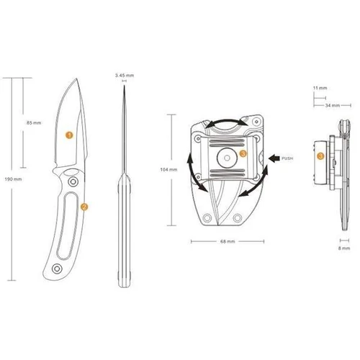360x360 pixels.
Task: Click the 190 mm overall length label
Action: pos(13,179)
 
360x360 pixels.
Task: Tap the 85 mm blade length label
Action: pos(34,123)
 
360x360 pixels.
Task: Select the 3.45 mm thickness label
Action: pos(125,76)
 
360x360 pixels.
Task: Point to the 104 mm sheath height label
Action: pos(168,170)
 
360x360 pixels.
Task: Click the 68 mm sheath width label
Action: pos(228,241)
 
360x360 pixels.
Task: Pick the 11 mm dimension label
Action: pos(320,88)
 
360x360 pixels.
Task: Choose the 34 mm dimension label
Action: pos(333,105)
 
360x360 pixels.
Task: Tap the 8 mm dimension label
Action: pos(344,248)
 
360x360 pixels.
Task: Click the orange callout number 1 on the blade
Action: pos(69,135)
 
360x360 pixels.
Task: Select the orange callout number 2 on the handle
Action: pos(84,207)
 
